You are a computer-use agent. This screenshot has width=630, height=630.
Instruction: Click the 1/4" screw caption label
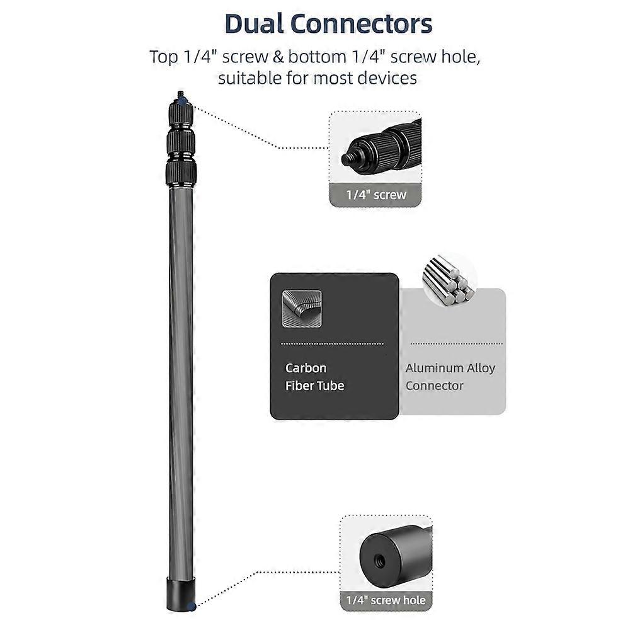[376, 195]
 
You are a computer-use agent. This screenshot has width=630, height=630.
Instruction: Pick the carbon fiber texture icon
[302, 308]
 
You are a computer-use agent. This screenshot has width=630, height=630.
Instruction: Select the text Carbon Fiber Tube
[315, 377]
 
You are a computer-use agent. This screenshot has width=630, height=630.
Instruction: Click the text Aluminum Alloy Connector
[450, 377]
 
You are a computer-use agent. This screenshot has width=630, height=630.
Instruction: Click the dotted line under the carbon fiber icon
[331, 343]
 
